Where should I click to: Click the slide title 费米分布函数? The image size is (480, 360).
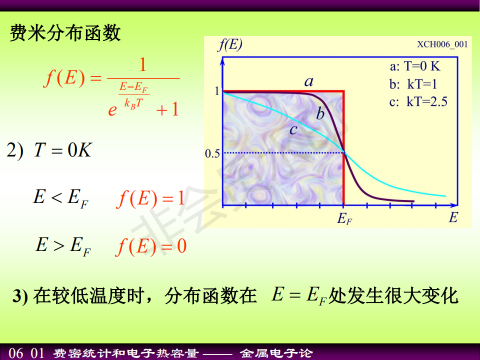coord(65,33)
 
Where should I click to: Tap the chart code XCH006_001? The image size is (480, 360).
coord(442,44)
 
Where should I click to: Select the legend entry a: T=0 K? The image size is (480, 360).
coord(415,66)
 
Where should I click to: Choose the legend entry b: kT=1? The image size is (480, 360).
coord(413,84)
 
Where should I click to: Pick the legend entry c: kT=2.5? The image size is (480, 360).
coord(418,101)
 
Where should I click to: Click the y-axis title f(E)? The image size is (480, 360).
coord(230,44)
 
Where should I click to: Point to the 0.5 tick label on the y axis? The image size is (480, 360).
coord(212,153)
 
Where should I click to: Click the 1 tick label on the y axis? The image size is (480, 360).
coord(217,91)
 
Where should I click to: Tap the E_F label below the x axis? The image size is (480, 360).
coord(344,219)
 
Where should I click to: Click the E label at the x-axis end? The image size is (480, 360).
coord(453,217)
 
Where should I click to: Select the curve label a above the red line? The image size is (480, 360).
coord(309,81)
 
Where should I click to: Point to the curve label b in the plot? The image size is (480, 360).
coord(320,113)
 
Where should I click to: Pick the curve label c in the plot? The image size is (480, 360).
coord(293,130)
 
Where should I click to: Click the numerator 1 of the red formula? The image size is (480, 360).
coord(142,65)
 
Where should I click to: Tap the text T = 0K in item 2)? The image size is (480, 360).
coord(63,150)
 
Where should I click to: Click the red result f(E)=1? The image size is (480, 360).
coord(150,198)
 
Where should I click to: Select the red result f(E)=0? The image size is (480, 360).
coord(151,246)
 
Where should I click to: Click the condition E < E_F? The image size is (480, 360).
coord(60,198)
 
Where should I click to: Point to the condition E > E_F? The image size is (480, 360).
coord(63,246)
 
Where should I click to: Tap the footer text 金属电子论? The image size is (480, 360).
coord(276,353)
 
